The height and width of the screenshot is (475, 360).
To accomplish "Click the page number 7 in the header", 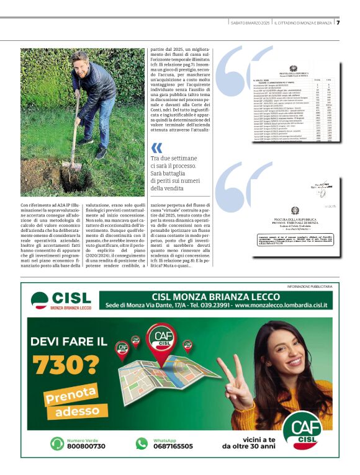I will click(x=338, y=22).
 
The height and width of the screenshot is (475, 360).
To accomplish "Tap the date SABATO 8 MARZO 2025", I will click(x=251, y=23).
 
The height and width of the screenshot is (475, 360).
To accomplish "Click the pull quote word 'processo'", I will click(x=197, y=167).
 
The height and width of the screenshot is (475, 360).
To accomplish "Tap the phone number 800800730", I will click(x=86, y=446).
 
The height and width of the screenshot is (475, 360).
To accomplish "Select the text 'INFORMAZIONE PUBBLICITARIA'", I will click(x=310, y=286).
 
